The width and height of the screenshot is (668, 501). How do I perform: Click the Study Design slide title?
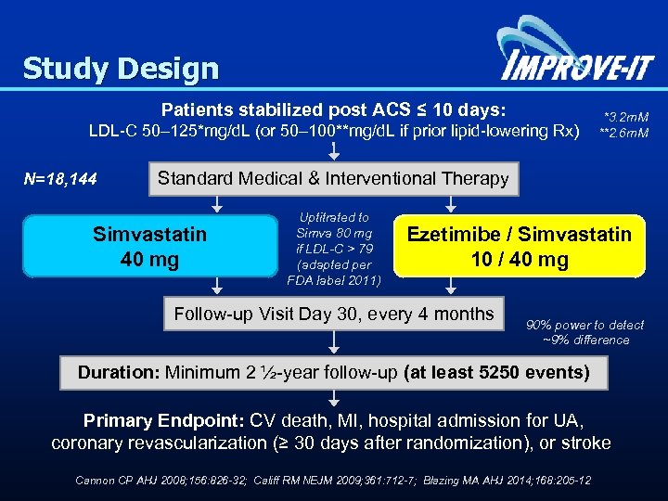(x=121, y=69)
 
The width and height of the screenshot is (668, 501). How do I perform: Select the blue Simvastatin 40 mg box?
(x=149, y=247)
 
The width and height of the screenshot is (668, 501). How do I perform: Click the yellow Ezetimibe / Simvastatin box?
(x=519, y=247)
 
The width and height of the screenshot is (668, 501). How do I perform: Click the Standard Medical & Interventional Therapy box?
(x=333, y=178)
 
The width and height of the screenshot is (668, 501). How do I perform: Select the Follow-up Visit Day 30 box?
(x=333, y=315)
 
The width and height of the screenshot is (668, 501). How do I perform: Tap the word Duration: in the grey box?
(x=118, y=373)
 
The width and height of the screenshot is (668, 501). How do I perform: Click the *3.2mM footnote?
(x=625, y=118)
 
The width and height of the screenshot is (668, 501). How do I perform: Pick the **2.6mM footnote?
(x=623, y=133)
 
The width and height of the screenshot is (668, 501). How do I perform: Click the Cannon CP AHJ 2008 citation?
(x=149, y=480)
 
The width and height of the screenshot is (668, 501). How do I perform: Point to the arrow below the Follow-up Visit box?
(x=333, y=341)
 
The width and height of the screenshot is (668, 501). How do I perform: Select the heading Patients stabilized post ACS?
(x=333, y=109)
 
